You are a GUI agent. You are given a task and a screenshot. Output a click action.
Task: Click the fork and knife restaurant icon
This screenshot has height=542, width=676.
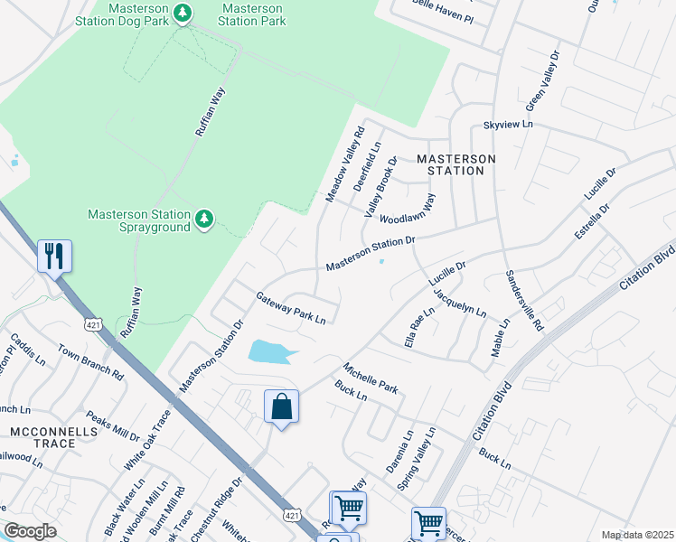click(54, 257)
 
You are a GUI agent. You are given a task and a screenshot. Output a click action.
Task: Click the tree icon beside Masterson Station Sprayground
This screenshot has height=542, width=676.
click(204, 218)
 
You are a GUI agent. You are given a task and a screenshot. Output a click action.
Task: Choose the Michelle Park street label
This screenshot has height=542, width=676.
click(370, 378)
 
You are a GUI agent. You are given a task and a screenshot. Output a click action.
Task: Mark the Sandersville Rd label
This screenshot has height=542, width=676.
click(523, 301)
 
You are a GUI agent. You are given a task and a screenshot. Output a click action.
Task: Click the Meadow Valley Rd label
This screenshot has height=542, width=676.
click(344, 164)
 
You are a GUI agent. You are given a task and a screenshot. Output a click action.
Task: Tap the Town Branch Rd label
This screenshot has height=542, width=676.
click(90, 360)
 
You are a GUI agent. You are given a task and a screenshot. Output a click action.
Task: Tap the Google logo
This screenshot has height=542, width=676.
click(30, 531)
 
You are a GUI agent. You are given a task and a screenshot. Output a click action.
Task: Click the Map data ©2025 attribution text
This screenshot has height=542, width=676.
click(636, 535)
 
